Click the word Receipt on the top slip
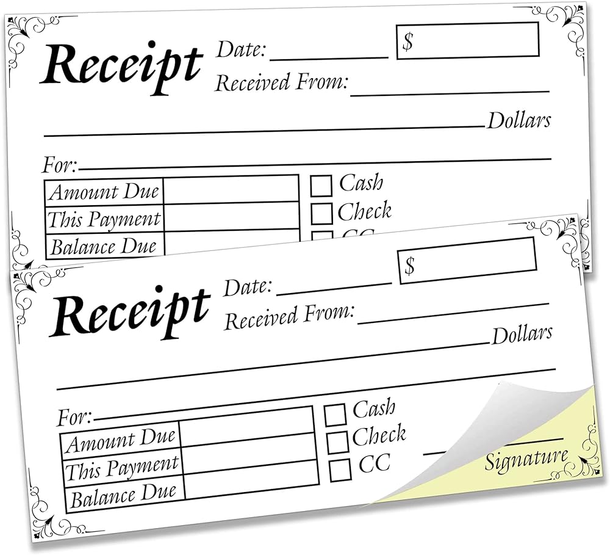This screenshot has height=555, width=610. (x=121, y=66)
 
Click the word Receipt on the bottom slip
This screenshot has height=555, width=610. (x=131, y=311)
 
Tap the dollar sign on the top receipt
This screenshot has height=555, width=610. (x=407, y=42)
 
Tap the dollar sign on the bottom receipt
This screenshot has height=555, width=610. (x=410, y=266)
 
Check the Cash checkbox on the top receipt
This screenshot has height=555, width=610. (x=321, y=186)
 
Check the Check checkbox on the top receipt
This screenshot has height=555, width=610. (x=321, y=214)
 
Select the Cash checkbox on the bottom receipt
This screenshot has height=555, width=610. (x=335, y=415)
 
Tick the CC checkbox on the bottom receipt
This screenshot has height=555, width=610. (x=340, y=470)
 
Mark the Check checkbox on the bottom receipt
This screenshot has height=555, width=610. (x=338, y=442)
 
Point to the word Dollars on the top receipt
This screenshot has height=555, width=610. (x=519, y=120)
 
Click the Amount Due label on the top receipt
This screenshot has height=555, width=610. (x=104, y=192)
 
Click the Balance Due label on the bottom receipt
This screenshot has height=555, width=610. (x=123, y=495)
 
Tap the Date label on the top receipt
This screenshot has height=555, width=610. (x=241, y=49)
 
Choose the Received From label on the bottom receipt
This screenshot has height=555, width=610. (x=289, y=317)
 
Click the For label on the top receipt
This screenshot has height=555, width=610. (x=60, y=165)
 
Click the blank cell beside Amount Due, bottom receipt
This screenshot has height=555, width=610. (x=247, y=427)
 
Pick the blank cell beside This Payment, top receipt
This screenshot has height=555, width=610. (x=232, y=217)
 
